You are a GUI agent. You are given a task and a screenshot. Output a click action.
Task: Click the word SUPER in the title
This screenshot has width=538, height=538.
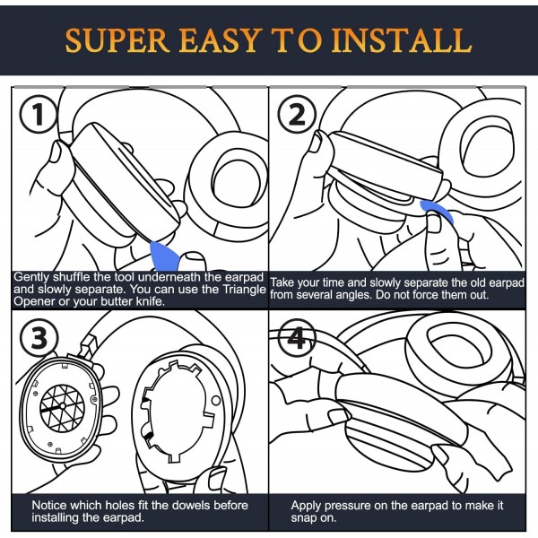pos(117,40)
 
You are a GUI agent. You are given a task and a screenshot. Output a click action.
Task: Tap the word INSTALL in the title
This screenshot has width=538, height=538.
pos(402,40)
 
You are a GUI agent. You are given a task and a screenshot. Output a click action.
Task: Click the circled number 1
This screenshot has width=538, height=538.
pos(38,114)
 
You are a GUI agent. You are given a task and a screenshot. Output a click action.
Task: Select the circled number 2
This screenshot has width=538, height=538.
pos(297,114)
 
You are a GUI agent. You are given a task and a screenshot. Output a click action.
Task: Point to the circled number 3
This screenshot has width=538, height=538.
pos(39,338)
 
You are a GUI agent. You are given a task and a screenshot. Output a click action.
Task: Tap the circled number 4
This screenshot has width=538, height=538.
pos(296,338)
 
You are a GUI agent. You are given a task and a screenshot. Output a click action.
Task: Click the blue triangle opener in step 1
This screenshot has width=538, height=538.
pos(164,256)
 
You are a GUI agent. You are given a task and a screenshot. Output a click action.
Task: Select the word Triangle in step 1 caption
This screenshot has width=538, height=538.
pos(244,290)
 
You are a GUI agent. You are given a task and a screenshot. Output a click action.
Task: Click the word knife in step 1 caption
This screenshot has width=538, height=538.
pos(151,301)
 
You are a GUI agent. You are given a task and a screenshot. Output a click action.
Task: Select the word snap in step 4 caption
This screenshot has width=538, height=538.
pos(303,518)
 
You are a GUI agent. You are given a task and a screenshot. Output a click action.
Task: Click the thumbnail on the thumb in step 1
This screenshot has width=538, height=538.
pos(56,151)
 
